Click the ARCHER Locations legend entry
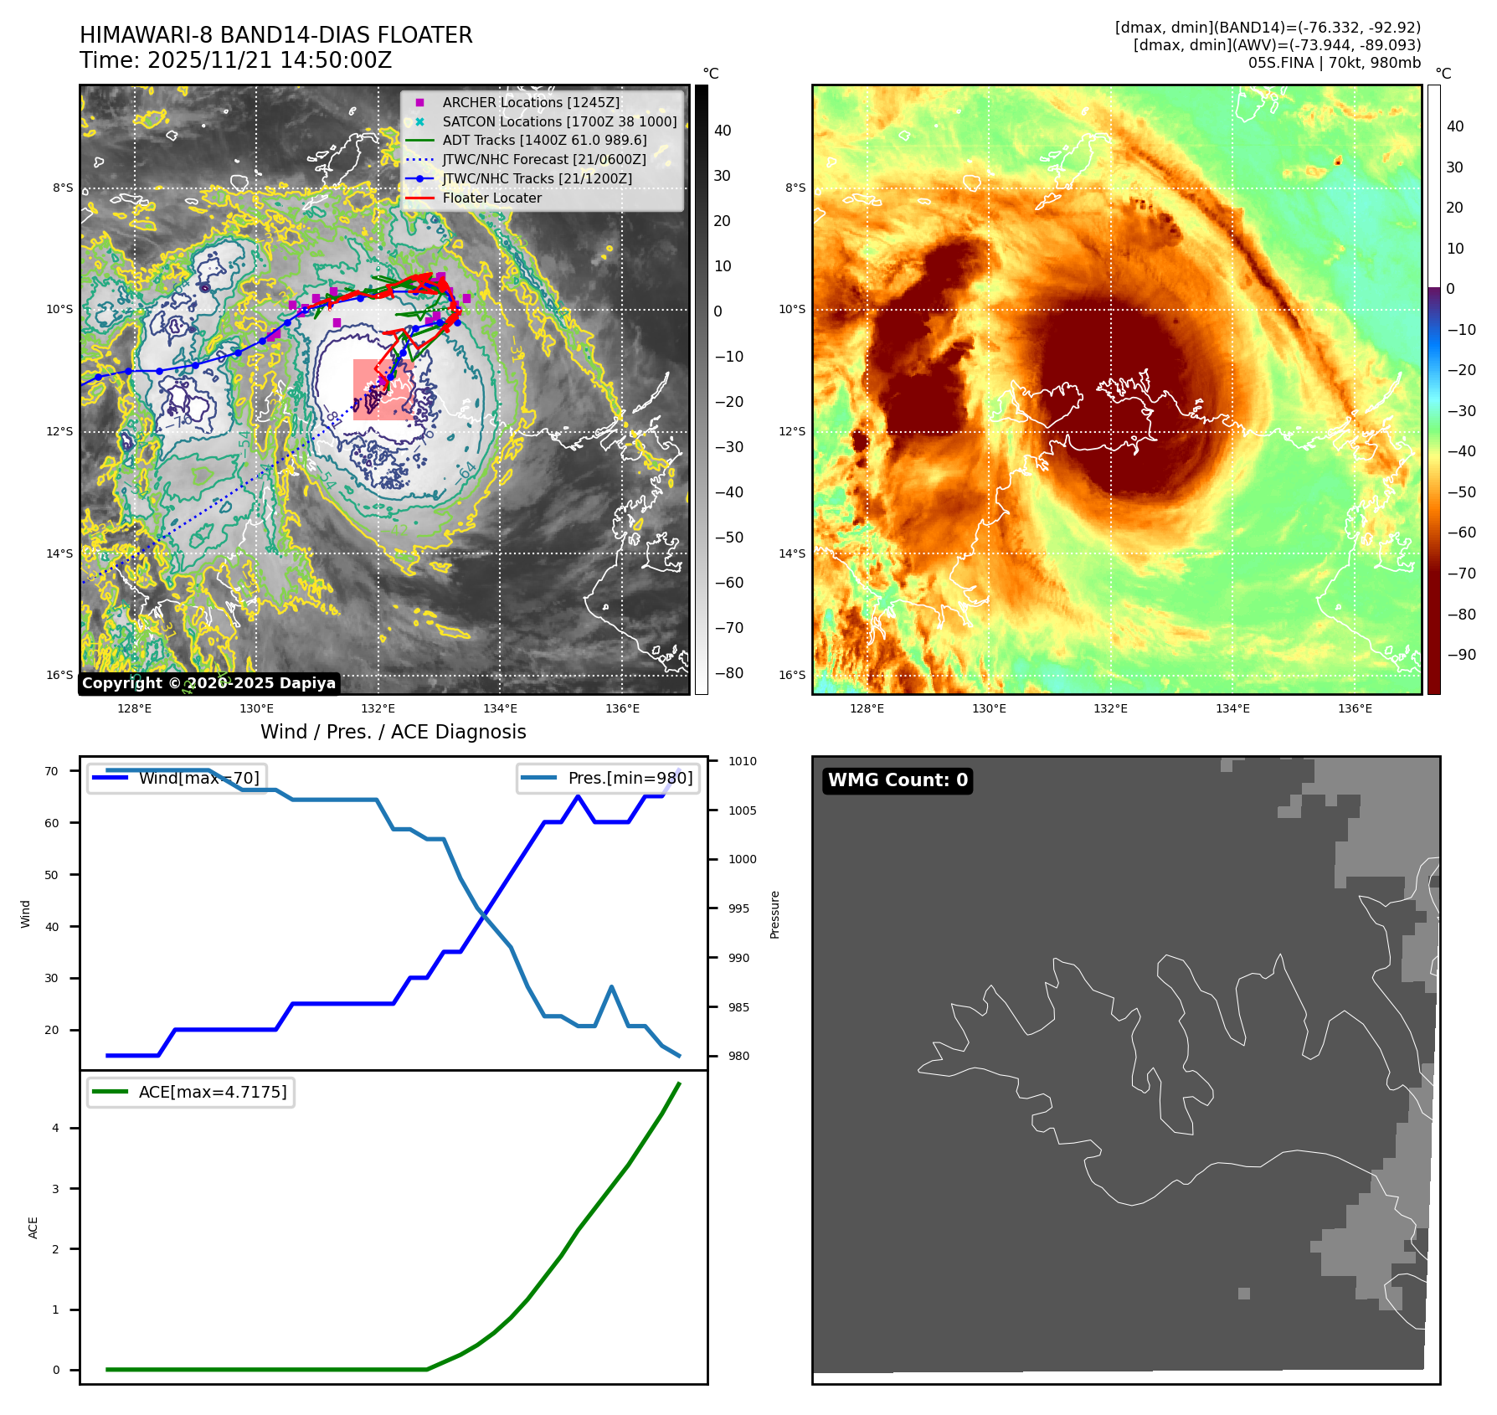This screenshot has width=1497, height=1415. coord(531,102)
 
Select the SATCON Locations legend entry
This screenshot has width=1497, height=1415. coord(559,121)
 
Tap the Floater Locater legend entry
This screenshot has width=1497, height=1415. coord(491,198)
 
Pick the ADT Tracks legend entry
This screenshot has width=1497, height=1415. coord(544,141)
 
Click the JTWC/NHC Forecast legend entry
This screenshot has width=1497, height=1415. coord(544,160)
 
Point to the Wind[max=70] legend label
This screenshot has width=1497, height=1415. coord(199,778)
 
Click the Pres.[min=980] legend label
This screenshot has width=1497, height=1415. coord(630,778)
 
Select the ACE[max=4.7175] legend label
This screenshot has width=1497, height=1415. coord(213,1092)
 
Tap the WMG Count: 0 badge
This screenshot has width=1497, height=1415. coord(898,780)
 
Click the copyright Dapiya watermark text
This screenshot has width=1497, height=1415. coord(209,683)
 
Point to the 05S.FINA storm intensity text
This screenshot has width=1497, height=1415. coord(1334,63)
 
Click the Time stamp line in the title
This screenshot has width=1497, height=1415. coord(236,60)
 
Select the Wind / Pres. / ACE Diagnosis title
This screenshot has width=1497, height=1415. coord(394,732)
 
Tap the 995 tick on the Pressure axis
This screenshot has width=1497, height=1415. coord(738,908)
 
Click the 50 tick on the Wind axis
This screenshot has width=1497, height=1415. coord(52,875)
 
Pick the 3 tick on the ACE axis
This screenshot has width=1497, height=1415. coord(56,1189)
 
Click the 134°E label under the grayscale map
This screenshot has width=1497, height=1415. coord(500,708)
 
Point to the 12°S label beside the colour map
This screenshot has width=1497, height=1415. coord(792,431)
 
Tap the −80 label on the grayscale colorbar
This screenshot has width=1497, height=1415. coord(728,673)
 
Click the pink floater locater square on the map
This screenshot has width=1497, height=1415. coord(383,389)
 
